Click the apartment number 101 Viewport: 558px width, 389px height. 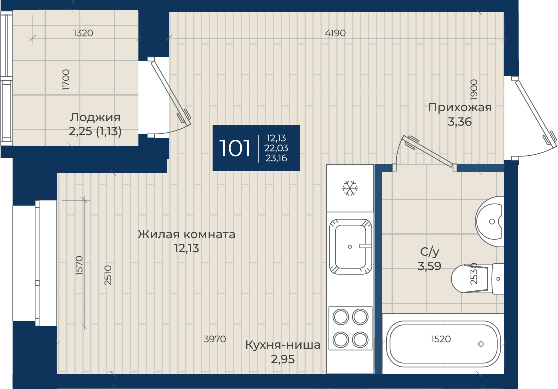coord(235,148)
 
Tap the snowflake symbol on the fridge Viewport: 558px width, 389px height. coord(350,188)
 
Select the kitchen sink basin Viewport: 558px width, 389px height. coord(350,247)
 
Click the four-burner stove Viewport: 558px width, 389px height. coord(350,328)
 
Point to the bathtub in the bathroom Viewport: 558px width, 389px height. coord(443,344)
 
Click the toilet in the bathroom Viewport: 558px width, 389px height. coord(477,279)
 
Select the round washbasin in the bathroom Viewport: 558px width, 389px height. coord(490,221)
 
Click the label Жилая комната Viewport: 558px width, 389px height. coord(186,234)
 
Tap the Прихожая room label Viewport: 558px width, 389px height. coord(460,107)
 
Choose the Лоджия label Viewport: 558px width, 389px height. coord(95,117)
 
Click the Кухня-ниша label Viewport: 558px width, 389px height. coord(283,345)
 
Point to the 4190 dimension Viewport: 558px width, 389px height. coord(335,33)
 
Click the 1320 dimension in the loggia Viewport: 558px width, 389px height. coord(83,33)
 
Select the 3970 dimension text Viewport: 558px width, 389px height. coord(215,339)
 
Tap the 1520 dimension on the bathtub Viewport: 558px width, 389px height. coord(441,339)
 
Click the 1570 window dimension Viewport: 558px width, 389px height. coord(79,265)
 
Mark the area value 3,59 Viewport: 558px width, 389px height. coord(429,266)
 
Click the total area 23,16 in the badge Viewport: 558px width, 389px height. coord(276,158)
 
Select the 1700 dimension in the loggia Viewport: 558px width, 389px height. coord(66,80)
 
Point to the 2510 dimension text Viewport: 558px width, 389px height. coord(108,275)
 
